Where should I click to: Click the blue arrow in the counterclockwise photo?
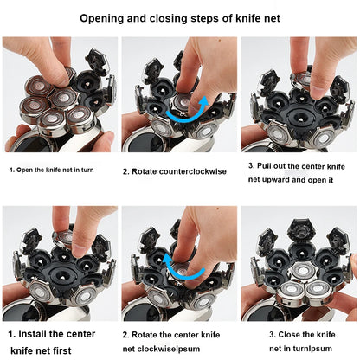tap(188, 110)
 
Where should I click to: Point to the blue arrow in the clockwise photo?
tap(181, 266)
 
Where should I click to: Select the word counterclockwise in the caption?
tap(193, 171)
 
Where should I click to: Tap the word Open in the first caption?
tap(22, 170)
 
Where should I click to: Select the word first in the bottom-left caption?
tap(61, 350)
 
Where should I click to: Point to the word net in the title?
tap(272, 19)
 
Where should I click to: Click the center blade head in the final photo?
tap(303, 271)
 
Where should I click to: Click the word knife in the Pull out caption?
tap(337, 166)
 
